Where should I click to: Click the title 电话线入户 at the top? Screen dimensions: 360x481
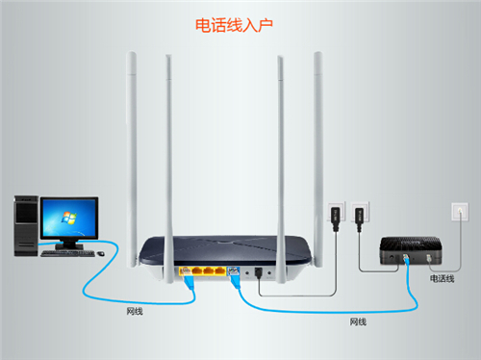pyautogui.click(x=240, y=23)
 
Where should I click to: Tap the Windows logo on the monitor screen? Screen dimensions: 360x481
pyautogui.click(x=68, y=217)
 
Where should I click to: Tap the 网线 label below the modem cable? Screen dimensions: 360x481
pyautogui.click(x=358, y=320)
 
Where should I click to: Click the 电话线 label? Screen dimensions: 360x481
pyautogui.click(x=442, y=278)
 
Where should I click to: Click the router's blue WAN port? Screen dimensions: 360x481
pyautogui.click(x=232, y=270)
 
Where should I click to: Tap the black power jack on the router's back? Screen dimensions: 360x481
pyautogui.click(x=260, y=272)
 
